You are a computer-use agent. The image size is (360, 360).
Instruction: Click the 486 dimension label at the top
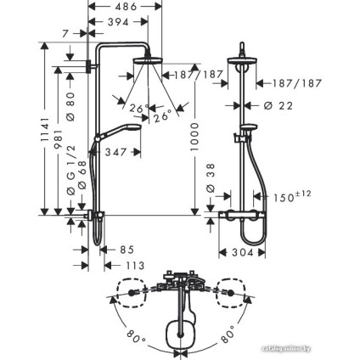click(127, 6)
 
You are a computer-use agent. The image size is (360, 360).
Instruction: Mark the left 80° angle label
click(133, 337)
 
